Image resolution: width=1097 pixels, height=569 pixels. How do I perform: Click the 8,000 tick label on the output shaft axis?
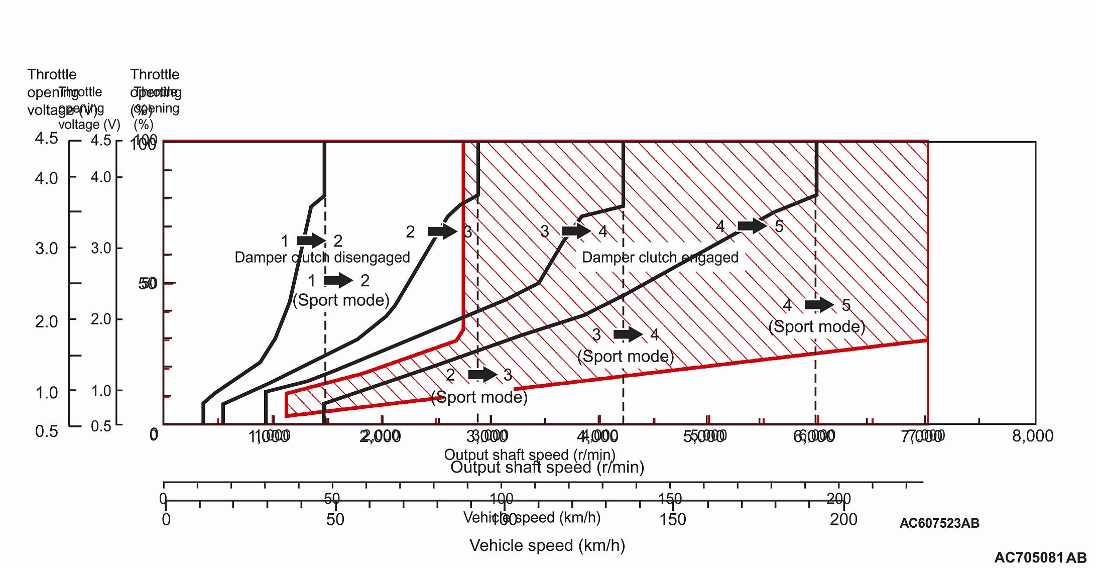(1032, 436)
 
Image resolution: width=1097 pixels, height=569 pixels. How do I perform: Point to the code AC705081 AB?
(1040, 557)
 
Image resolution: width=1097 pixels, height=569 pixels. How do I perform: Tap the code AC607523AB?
(939, 523)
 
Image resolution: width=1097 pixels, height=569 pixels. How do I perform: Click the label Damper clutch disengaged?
(322, 258)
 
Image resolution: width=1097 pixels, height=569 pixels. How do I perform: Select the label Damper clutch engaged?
(660, 258)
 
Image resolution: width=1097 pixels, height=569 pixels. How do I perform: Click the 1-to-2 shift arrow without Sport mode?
(311, 241)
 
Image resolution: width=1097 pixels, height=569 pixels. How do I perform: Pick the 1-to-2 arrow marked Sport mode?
(338, 280)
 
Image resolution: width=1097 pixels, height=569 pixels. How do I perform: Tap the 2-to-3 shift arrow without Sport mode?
(442, 232)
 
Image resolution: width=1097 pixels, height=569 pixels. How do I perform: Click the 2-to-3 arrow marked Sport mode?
(482, 375)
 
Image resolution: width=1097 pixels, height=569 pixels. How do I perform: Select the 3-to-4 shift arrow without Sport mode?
(576, 231)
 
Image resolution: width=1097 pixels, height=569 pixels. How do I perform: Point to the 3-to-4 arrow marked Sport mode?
(628, 334)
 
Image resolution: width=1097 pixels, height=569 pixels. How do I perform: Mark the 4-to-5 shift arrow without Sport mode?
(752, 226)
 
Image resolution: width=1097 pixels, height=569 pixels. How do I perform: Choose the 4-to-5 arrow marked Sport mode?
(819, 304)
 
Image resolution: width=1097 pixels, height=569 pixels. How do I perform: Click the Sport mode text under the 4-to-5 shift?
(817, 326)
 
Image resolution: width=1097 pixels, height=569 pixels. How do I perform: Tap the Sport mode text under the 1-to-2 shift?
(341, 300)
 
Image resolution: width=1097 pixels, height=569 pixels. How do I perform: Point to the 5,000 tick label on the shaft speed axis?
(705, 436)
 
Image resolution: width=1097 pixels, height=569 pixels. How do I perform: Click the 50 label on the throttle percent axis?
(148, 284)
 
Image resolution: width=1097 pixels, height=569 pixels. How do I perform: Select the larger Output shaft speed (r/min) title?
(547, 468)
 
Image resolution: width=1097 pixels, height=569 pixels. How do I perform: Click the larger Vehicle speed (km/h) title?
(547, 545)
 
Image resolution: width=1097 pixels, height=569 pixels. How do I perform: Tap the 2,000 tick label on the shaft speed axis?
(380, 436)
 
